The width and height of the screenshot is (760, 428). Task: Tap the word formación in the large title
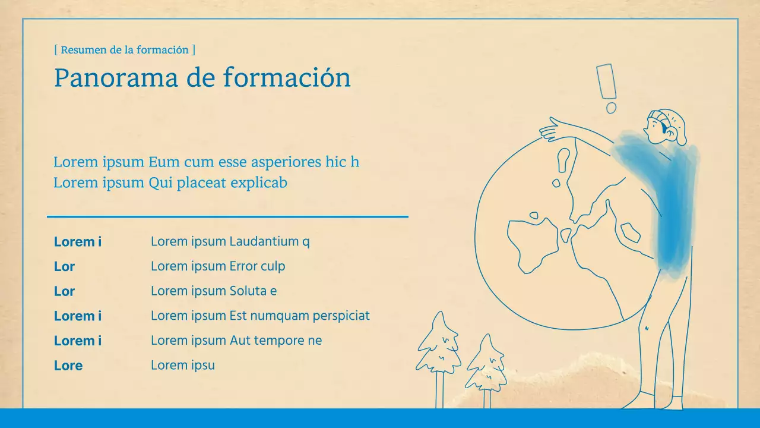(287, 78)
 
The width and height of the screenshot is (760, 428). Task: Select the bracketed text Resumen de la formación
(125, 50)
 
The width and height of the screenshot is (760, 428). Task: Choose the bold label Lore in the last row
(68, 366)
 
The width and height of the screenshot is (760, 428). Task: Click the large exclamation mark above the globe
(606, 81)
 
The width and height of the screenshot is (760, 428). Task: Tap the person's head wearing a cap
(666, 125)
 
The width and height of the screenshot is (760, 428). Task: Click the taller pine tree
(439, 351)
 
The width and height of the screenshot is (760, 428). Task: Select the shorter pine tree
(486, 366)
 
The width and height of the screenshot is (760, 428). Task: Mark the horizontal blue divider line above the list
(227, 217)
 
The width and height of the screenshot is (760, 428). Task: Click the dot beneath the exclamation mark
(611, 108)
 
